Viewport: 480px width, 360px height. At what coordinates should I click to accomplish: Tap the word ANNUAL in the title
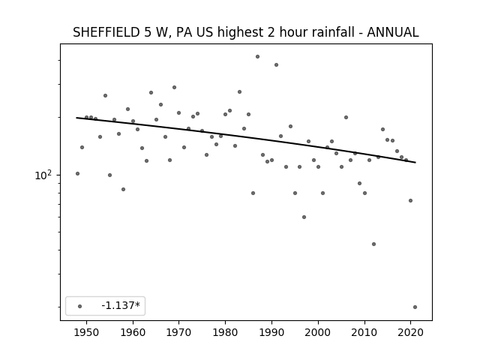(x=392, y=32)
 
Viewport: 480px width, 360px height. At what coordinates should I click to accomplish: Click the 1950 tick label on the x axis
(x=87, y=332)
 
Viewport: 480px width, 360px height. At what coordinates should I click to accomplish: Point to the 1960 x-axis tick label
(x=133, y=332)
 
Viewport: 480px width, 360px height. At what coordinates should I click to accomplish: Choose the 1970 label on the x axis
(x=178, y=332)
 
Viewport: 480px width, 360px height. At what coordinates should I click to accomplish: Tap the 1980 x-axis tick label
(x=225, y=332)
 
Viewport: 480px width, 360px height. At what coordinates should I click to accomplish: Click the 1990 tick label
(x=271, y=332)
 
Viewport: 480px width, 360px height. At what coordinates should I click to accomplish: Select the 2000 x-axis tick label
(x=318, y=332)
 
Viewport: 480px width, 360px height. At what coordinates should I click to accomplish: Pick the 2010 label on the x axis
(x=364, y=332)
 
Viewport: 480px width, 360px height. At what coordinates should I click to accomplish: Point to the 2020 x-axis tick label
(x=410, y=332)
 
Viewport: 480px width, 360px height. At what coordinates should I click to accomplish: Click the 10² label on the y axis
(x=43, y=175)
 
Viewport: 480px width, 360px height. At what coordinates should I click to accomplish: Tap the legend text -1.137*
(x=121, y=305)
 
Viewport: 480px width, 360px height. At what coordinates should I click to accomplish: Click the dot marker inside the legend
(x=80, y=306)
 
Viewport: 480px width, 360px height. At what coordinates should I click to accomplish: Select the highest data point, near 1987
(x=257, y=57)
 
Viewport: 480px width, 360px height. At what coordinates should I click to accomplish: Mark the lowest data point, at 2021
(x=415, y=307)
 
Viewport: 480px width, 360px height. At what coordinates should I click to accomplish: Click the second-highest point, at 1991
(x=276, y=65)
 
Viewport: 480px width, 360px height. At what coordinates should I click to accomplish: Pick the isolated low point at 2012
(x=373, y=244)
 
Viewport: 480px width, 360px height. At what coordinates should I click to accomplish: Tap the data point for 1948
(x=77, y=173)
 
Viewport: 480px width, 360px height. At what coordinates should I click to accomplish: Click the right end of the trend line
(x=415, y=162)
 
